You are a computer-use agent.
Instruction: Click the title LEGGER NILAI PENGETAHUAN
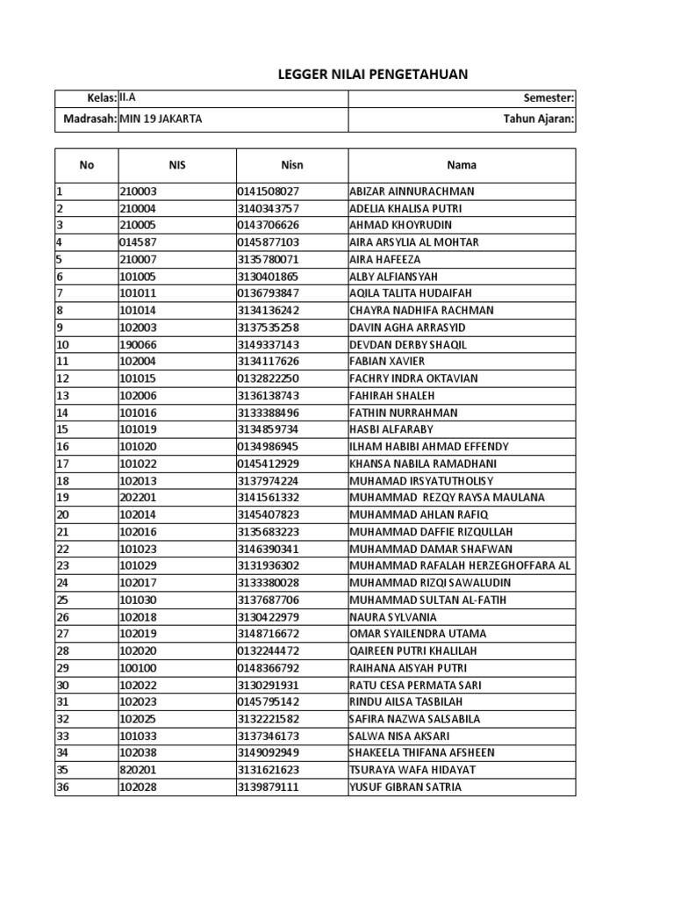point(373,75)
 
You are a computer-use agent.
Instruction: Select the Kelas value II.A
point(130,99)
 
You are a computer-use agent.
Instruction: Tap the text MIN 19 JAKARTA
point(160,119)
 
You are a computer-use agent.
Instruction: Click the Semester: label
point(549,99)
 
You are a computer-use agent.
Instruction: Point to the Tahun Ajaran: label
point(539,119)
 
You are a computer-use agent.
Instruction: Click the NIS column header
point(177,164)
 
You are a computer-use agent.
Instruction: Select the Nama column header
point(462,164)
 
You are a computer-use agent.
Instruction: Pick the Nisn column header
point(292,164)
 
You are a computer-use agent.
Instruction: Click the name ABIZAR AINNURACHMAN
point(412,191)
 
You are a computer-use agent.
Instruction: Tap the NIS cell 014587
point(138,242)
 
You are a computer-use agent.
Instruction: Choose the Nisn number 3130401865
point(268,277)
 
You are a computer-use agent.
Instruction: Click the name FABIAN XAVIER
point(387,362)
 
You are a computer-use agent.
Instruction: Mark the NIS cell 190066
point(138,344)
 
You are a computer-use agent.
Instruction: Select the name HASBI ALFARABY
point(391,429)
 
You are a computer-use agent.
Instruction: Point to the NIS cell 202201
point(138,498)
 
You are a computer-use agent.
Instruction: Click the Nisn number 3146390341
point(268,549)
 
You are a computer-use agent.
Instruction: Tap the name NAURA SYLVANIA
point(393,616)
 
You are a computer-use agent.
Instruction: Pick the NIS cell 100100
point(138,668)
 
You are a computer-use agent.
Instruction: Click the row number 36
point(62,788)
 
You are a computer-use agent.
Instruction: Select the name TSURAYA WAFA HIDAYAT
point(412,770)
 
